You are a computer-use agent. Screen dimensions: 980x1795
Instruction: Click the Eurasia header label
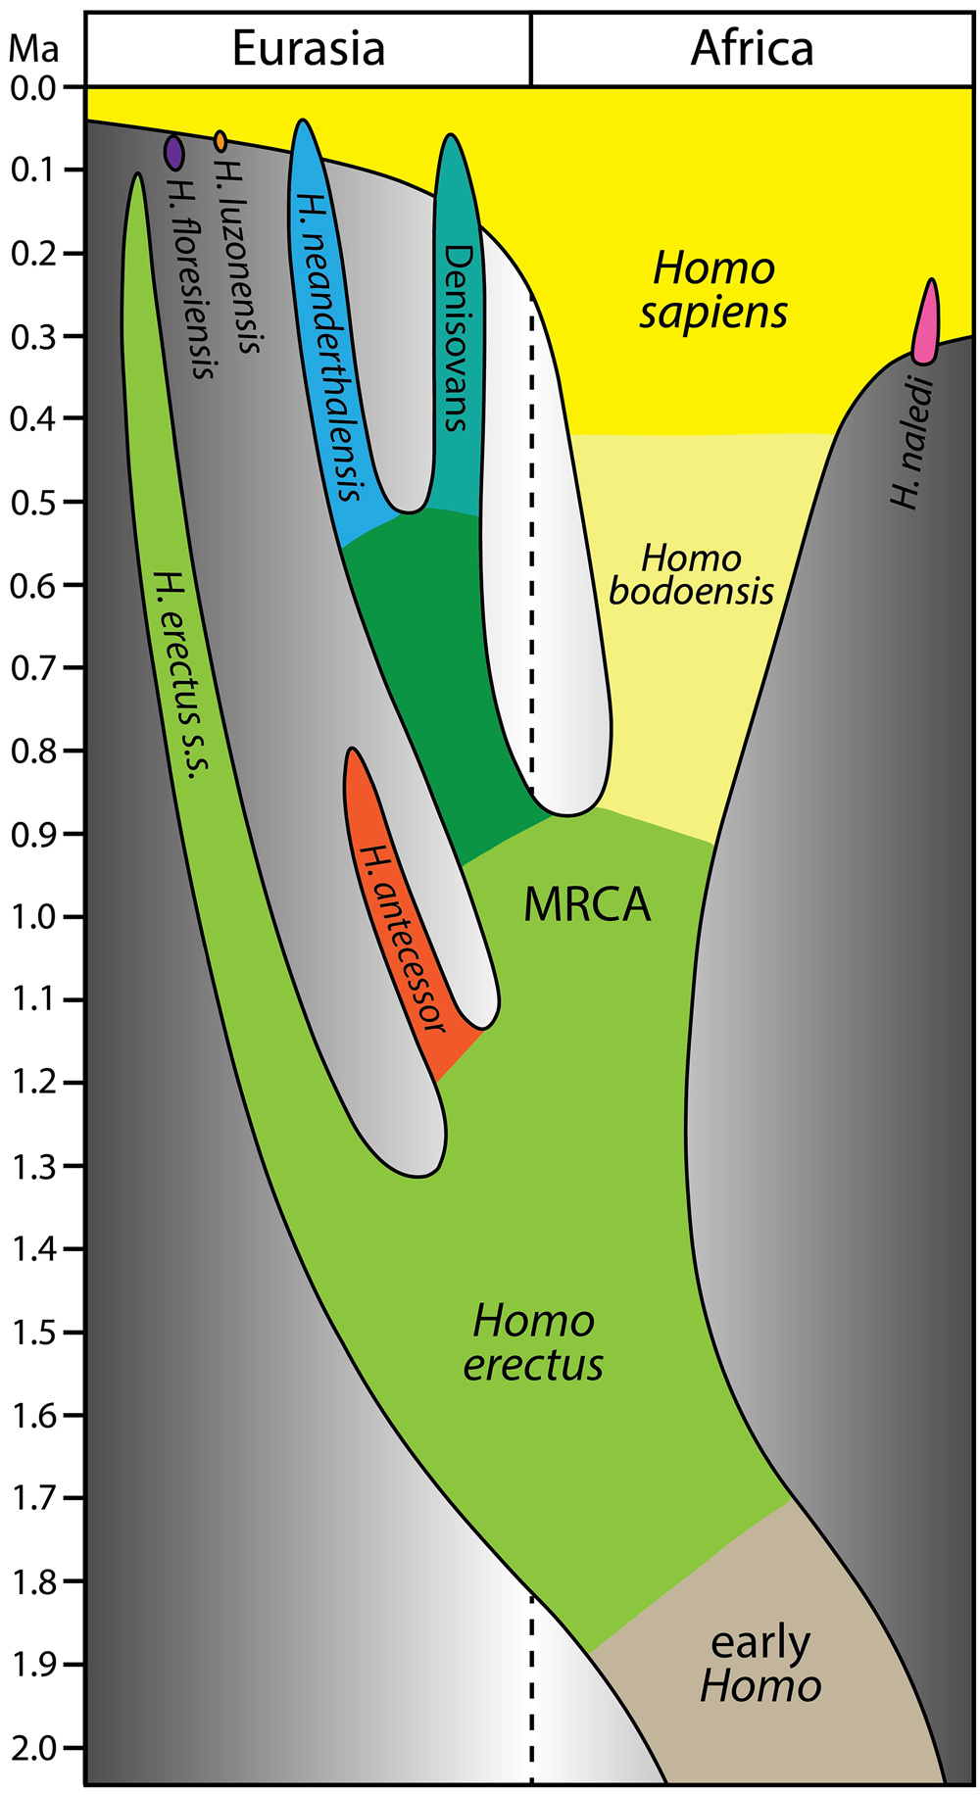coord(309,49)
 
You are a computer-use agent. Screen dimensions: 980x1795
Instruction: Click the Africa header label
coord(752,49)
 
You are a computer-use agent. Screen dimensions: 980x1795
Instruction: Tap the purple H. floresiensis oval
coord(173,152)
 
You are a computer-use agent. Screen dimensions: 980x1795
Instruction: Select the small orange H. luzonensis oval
coord(220,142)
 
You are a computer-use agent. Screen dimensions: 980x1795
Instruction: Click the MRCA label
coord(587,904)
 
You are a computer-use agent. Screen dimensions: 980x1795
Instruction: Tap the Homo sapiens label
coord(713,290)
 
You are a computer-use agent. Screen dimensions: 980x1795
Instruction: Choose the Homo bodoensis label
coord(692,575)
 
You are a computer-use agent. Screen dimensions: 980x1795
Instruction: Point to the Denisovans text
coord(458,338)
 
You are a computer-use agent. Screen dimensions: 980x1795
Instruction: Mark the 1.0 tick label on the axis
coord(35,917)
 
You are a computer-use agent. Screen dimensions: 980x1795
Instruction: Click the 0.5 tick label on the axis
coord(35,502)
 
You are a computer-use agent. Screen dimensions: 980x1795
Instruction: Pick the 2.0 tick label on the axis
coord(35,1748)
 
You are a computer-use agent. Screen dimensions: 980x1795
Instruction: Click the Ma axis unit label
coord(34,50)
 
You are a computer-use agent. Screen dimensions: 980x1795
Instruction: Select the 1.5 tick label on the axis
coord(35,1333)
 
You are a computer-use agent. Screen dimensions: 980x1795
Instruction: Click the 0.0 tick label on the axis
coord(35,87)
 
